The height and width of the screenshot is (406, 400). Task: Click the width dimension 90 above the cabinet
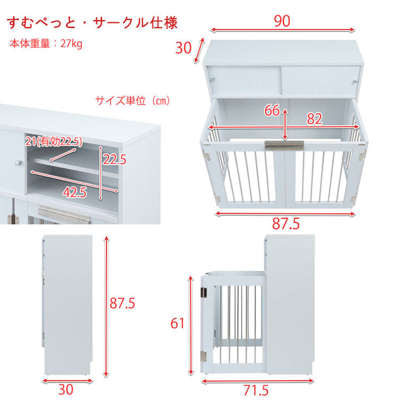282,21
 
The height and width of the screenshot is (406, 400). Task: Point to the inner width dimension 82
315,119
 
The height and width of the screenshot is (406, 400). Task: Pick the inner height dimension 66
272,111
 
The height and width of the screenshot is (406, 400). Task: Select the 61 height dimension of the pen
177,323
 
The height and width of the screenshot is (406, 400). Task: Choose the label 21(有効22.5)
53,142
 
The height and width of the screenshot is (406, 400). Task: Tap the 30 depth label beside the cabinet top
183,48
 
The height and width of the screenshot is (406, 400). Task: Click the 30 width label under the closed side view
66,390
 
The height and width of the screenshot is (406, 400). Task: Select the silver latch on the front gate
284,144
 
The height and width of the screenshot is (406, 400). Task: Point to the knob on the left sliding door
213,80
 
